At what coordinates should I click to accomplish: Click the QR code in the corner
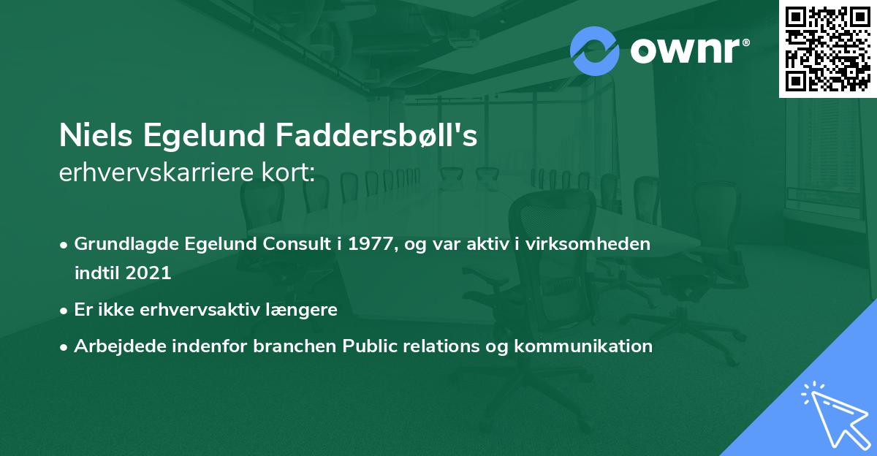point(827,48)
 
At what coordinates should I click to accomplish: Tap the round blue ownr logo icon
point(594,51)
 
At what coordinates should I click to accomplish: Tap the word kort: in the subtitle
point(289,172)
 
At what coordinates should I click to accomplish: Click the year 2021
point(149,273)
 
